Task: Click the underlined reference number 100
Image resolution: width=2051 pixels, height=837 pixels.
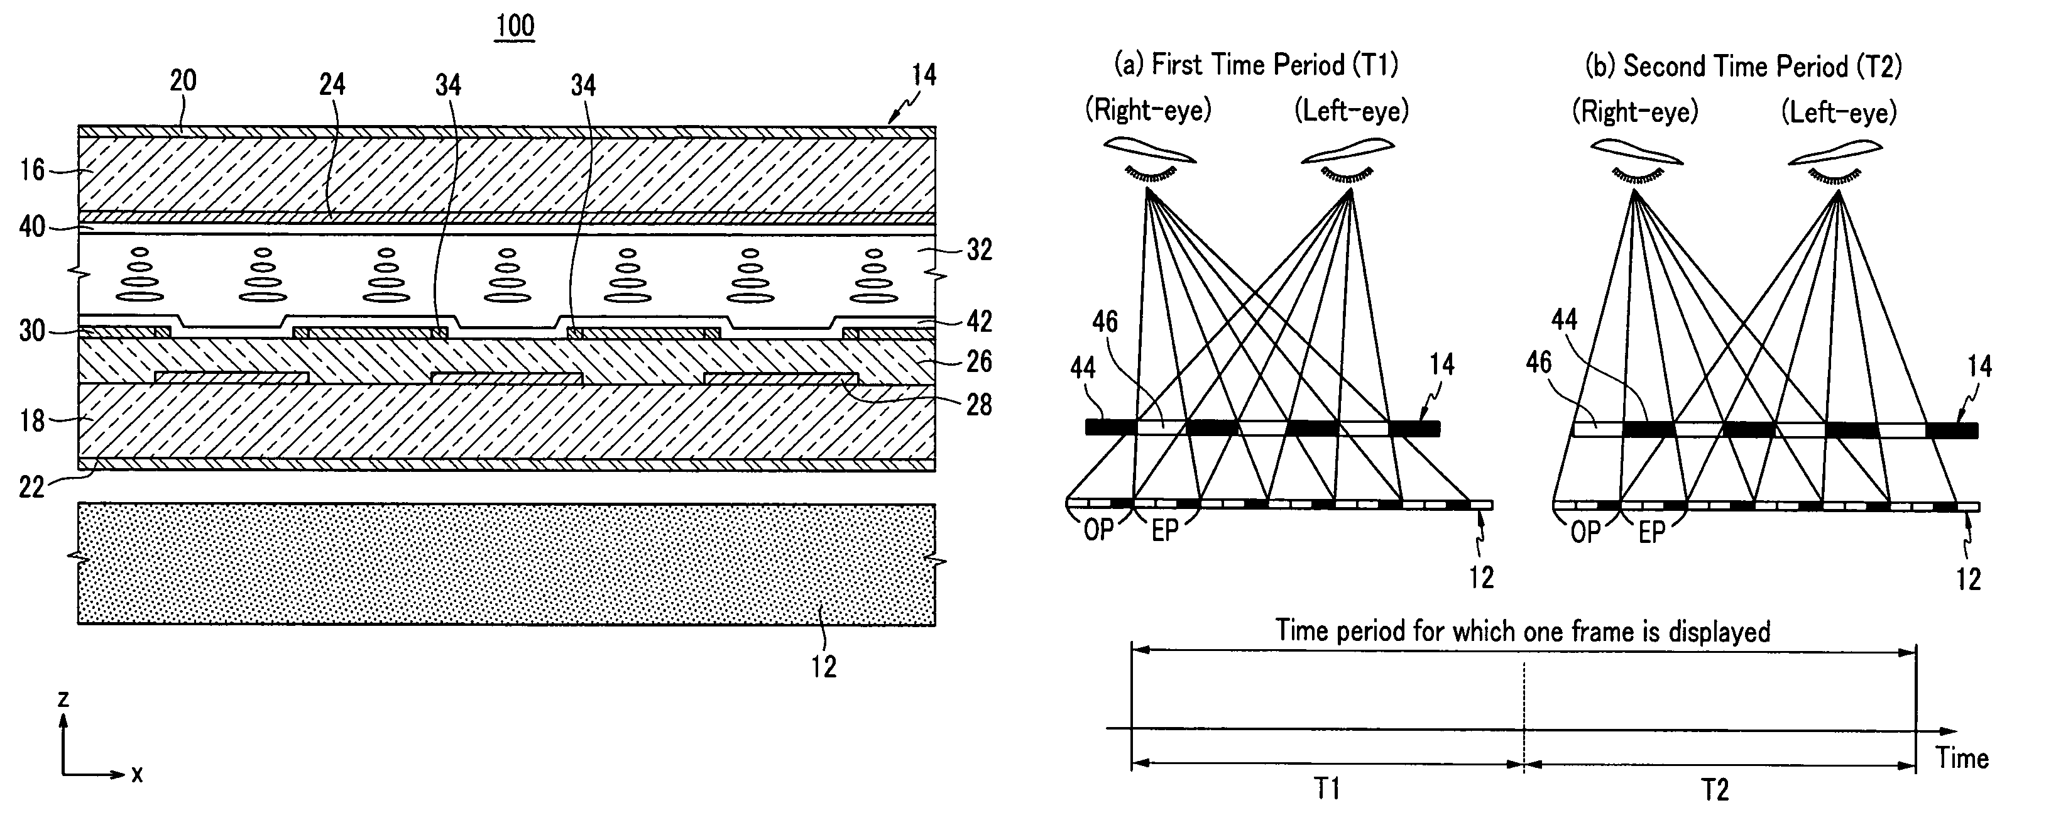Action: click(x=515, y=26)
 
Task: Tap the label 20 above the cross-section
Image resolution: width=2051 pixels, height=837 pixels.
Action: click(x=183, y=80)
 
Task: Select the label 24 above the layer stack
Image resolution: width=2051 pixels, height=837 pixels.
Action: click(x=332, y=84)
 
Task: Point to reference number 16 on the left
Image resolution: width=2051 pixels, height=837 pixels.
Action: click(x=33, y=170)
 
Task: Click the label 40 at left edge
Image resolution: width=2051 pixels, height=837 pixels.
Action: click(x=33, y=227)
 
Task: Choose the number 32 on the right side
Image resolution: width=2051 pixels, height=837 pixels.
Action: click(x=980, y=250)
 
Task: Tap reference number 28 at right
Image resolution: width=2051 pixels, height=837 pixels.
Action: click(x=980, y=405)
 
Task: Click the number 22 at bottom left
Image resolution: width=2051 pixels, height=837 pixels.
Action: click(x=33, y=486)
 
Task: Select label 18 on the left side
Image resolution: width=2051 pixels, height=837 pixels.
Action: click(x=33, y=420)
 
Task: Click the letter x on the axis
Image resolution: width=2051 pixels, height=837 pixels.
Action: click(x=137, y=774)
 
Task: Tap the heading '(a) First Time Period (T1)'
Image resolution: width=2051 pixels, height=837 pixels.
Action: click(x=1256, y=63)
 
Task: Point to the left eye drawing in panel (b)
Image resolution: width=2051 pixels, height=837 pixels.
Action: click(x=1836, y=163)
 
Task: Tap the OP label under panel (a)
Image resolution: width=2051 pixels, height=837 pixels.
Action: click(x=1099, y=530)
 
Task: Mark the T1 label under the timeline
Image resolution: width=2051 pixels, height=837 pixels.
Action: click(x=1326, y=789)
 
